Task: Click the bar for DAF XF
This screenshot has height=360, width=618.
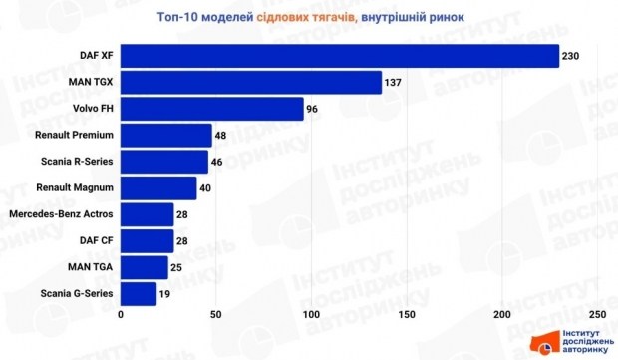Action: point(339,55)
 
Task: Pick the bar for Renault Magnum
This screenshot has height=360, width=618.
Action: point(158,187)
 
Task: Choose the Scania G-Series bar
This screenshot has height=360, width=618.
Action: point(139,293)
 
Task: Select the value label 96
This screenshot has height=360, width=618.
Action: point(312,108)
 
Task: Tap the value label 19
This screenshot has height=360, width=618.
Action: point(165,293)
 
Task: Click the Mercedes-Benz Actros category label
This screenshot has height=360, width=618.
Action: point(60,214)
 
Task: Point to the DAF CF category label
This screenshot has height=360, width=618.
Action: point(97,240)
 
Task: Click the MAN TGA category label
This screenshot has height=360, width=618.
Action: point(91,267)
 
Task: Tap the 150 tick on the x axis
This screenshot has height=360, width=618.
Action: point(408,315)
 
